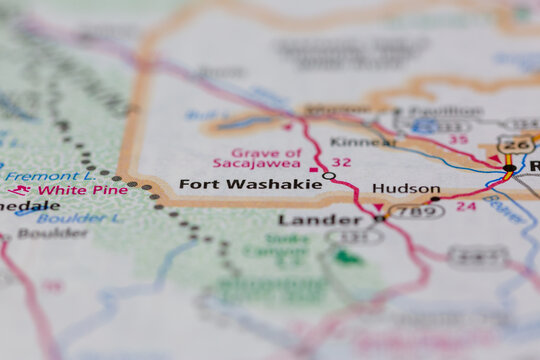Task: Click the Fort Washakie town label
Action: pyautogui.click(x=250, y=184)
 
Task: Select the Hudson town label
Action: pyautogui.click(x=405, y=188)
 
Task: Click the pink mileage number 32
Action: pyautogui.click(x=341, y=162)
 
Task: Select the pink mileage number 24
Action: pyautogui.click(x=466, y=206)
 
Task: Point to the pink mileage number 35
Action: pyautogui.click(x=458, y=140)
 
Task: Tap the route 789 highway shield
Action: pyautogui.click(x=415, y=211)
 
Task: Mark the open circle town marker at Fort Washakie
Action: pyautogui.click(x=329, y=176)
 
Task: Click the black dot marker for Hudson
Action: pyautogui.click(x=434, y=199)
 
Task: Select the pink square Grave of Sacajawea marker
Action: pyautogui.click(x=314, y=170)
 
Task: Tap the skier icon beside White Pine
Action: pyautogui.click(x=18, y=190)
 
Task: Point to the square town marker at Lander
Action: pyautogui.click(x=379, y=217)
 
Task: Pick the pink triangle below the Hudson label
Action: pyautogui.click(x=377, y=207)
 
